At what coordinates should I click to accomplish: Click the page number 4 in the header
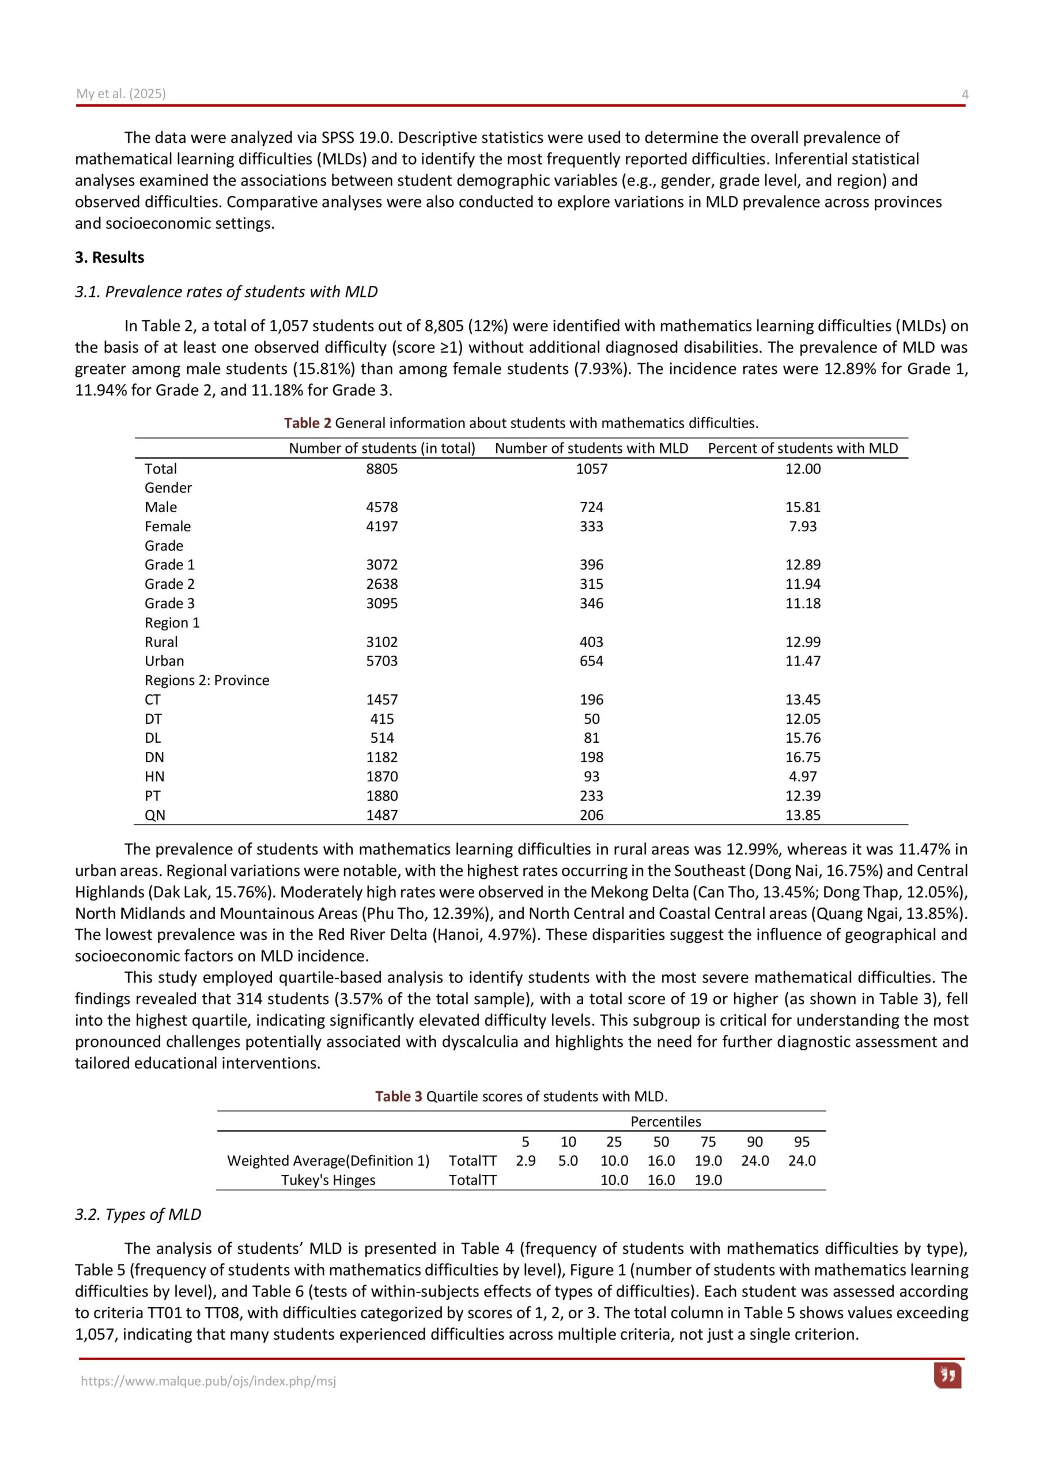click(965, 94)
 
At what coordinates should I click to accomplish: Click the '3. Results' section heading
click(109, 258)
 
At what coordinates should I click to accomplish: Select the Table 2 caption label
click(307, 423)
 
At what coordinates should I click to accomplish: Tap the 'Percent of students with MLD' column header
click(803, 448)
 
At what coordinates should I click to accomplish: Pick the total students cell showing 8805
click(381, 469)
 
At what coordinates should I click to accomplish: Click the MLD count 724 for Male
click(591, 507)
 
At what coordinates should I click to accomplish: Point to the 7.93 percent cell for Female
click(803, 526)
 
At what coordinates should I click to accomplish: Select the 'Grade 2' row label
click(169, 584)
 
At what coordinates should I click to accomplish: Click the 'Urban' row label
click(164, 661)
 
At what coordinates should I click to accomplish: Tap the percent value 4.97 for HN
click(803, 777)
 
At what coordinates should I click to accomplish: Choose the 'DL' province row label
click(152, 738)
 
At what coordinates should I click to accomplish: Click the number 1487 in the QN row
click(381, 815)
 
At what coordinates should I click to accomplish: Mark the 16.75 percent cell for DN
click(803, 758)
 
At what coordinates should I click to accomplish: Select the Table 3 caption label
click(398, 1096)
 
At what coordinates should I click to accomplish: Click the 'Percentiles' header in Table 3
click(665, 1122)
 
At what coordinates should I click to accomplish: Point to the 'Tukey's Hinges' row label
click(328, 1179)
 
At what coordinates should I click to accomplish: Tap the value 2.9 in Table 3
click(525, 1161)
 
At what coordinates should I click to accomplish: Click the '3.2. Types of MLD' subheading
click(138, 1214)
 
